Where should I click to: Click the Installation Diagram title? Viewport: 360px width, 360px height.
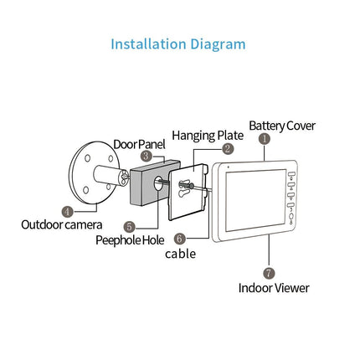178,44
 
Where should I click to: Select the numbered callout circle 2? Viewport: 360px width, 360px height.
229,148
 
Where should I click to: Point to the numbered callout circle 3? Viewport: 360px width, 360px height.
146,156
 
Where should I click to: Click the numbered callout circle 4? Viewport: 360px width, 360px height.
67,213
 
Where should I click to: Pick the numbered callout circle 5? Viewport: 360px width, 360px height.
130,226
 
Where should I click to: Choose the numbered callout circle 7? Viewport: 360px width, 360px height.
269,272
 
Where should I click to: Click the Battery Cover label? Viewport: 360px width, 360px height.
282,125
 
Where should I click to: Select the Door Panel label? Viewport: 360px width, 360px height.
139,144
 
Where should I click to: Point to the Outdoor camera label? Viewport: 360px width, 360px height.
62,224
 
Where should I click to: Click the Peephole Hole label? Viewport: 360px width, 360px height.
130,239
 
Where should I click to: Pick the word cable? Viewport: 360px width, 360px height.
180,253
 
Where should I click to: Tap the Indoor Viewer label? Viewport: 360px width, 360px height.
274,287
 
